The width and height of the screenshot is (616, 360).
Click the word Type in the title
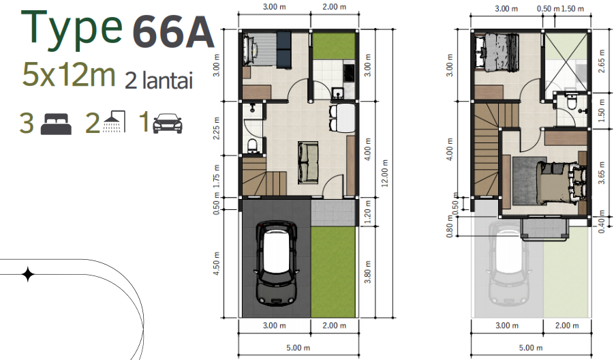(x=72, y=29)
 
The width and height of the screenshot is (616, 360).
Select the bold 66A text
(x=173, y=32)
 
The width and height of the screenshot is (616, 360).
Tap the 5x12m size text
(x=69, y=74)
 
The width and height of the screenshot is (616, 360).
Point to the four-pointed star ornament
(x=28, y=275)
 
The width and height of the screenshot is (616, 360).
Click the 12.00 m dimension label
(x=386, y=172)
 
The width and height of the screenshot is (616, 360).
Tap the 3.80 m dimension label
(x=369, y=273)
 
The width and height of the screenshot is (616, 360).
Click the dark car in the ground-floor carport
(x=277, y=262)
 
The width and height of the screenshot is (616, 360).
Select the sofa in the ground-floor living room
(x=308, y=162)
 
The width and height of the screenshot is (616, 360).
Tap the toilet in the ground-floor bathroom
(x=251, y=145)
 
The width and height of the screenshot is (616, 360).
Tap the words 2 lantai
(x=159, y=81)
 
